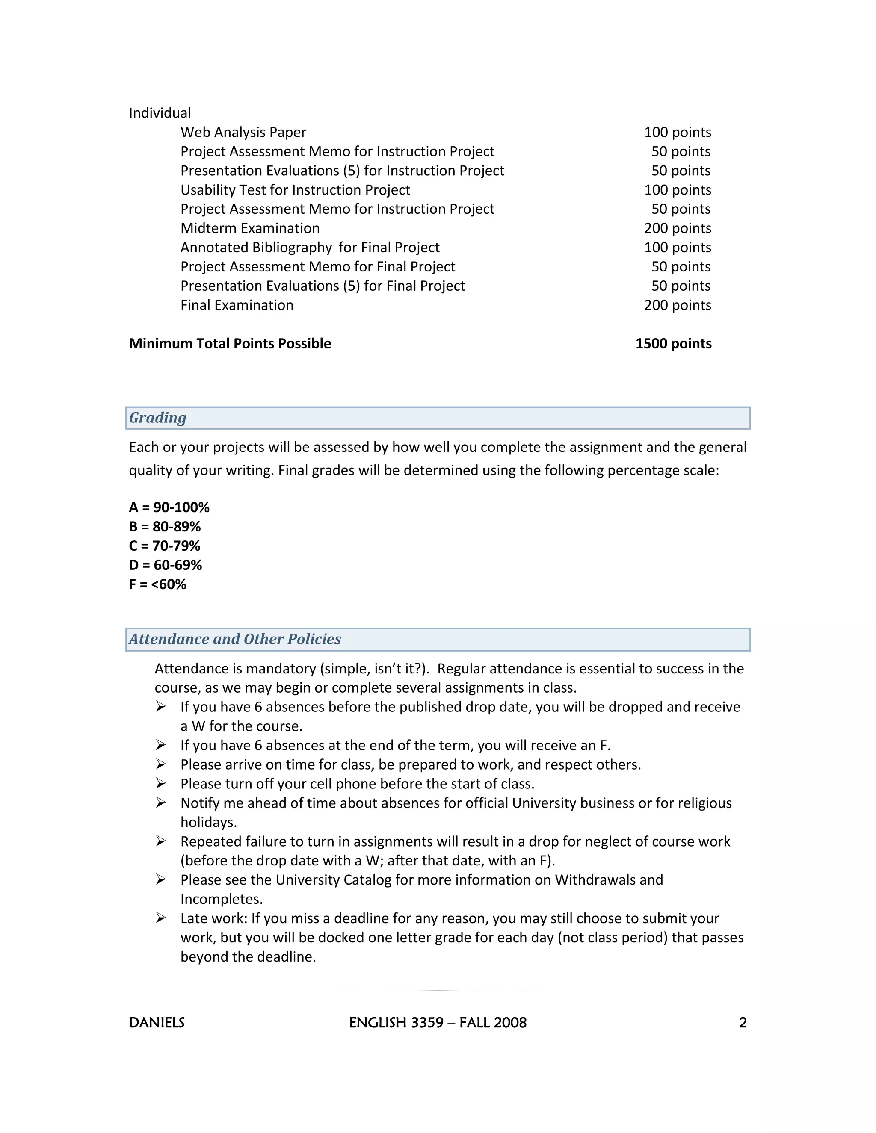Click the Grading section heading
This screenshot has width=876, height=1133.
click(x=158, y=418)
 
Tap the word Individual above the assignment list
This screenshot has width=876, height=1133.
click(x=160, y=113)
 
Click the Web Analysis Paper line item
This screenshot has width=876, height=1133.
click(x=243, y=132)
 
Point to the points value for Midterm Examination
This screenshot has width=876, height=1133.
click(x=677, y=228)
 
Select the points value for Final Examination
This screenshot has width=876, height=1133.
click(x=677, y=305)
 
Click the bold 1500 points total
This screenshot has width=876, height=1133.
click(x=673, y=343)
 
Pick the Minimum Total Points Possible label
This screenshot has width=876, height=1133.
click(x=229, y=343)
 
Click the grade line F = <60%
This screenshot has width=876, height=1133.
click(x=157, y=584)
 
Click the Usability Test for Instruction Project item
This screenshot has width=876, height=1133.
click(x=295, y=190)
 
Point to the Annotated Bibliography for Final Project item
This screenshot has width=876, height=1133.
click(x=310, y=248)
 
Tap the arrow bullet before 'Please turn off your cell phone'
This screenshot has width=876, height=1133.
click(x=161, y=783)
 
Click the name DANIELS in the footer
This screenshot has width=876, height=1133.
click(x=157, y=1023)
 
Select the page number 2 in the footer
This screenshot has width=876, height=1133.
click(x=743, y=1023)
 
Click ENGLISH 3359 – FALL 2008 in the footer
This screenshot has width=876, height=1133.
click(x=438, y=1023)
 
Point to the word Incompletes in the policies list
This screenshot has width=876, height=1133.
click(x=221, y=899)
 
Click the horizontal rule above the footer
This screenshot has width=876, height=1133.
click(x=438, y=991)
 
